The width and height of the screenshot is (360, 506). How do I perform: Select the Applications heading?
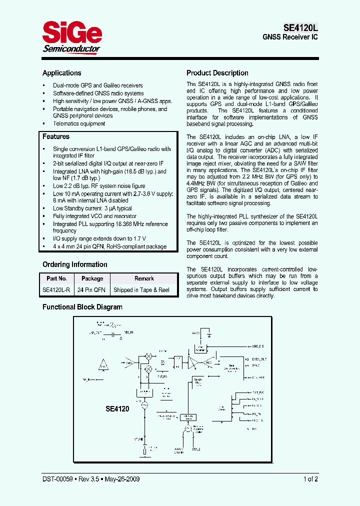61,73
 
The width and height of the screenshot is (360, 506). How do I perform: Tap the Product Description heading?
217,73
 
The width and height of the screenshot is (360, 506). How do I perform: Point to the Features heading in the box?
56,136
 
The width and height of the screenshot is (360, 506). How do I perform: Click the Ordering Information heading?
74,264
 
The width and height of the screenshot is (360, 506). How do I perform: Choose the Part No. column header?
56,278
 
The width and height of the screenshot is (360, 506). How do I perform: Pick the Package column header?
92,278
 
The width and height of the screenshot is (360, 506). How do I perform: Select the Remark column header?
144,278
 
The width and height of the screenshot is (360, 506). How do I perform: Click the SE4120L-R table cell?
56,290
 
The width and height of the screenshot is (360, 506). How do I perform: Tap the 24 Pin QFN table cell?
92,290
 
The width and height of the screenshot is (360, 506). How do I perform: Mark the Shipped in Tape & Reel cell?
141,290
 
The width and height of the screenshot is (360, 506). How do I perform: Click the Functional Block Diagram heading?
82,307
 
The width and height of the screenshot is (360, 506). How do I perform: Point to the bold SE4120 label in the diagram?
117,409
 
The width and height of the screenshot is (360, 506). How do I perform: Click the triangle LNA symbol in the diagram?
103,365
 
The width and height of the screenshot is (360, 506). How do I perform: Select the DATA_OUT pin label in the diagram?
259,359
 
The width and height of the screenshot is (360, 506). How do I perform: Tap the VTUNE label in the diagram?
138,438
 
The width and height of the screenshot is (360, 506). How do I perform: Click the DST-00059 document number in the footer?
57,479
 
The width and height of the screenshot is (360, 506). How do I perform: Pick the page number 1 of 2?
310,479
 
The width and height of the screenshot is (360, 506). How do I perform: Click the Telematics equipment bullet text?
79,123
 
